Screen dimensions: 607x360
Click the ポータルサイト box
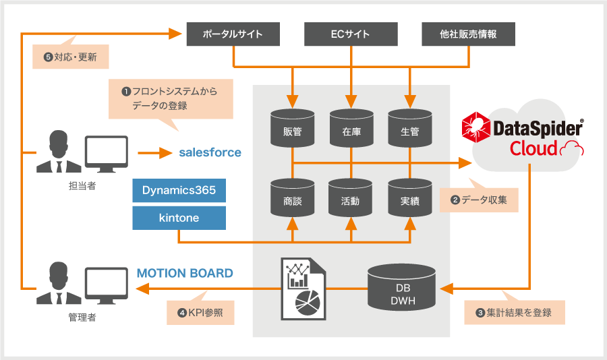(233, 34)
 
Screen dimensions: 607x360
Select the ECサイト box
(351, 34)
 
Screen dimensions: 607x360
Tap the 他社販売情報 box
(469, 34)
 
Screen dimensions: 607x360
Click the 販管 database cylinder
(292, 128)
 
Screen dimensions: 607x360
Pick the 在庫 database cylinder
(351, 128)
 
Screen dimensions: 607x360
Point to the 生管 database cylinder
(410, 128)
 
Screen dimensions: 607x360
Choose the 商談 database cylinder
(292, 198)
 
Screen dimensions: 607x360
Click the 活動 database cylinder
(350, 198)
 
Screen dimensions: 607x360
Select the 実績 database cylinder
(410, 198)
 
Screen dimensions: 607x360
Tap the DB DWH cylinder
(401, 288)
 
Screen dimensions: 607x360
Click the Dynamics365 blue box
(179, 191)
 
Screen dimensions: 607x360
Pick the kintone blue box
(179, 218)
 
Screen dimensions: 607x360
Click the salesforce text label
(210, 152)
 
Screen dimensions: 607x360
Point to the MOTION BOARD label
(185, 273)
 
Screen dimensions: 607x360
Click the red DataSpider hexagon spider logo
(475, 127)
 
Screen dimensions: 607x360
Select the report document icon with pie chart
(303, 289)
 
